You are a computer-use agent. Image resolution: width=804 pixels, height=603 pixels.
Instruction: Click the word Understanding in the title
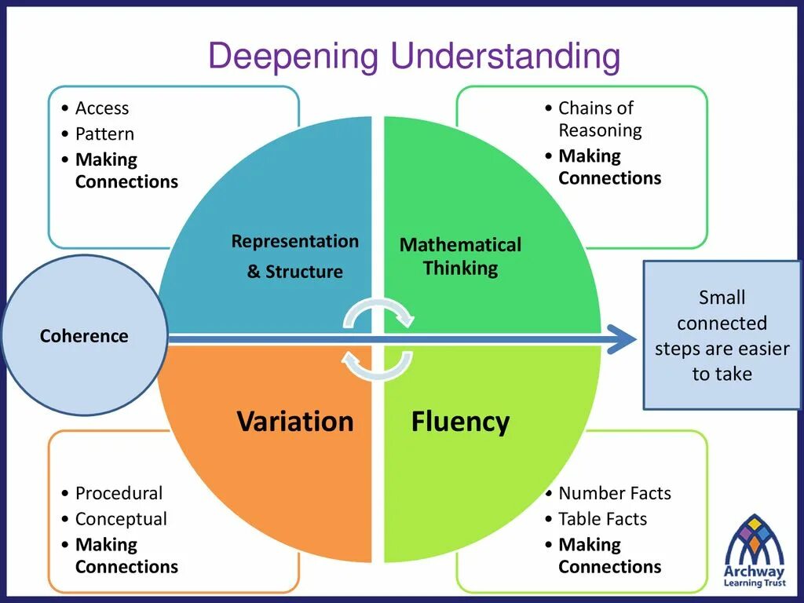pyautogui.click(x=506, y=58)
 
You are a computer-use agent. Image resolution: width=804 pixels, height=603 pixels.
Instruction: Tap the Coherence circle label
pyautogui.click(x=84, y=336)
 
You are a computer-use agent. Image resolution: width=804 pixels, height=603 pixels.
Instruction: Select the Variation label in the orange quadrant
pyautogui.click(x=295, y=422)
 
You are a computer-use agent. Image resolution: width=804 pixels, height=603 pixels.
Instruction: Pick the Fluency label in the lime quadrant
pyautogui.click(x=460, y=422)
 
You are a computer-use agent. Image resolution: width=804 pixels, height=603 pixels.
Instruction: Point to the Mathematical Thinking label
pyautogui.click(x=460, y=256)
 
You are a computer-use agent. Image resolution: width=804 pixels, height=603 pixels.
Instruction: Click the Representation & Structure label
pyautogui.click(x=295, y=256)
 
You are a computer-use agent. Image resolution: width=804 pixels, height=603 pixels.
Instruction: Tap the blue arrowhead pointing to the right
pyautogui.click(x=623, y=338)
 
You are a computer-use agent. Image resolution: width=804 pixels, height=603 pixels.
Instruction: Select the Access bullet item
pyautogui.click(x=102, y=108)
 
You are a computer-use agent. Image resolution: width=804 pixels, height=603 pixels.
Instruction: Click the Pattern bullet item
pyautogui.click(x=104, y=133)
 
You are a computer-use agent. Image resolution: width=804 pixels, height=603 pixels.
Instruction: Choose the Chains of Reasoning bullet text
pyautogui.click(x=600, y=119)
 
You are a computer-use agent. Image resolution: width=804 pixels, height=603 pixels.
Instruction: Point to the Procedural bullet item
pyautogui.click(x=119, y=493)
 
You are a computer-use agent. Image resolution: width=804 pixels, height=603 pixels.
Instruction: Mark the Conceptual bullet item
pyautogui.click(x=121, y=519)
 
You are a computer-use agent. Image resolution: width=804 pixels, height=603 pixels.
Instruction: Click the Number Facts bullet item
pyautogui.click(x=615, y=493)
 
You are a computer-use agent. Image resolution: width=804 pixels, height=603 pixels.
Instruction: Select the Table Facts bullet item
pyautogui.click(x=602, y=519)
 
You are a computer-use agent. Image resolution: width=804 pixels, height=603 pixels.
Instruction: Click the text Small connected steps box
pyautogui.click(x=722, y=335)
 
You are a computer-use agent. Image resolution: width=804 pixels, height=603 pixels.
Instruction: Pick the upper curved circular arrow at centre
pyautogui.click(x=379, y=312)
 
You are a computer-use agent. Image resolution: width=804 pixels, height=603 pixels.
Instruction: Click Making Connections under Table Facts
pyautogui.click(x=609, y=555)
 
